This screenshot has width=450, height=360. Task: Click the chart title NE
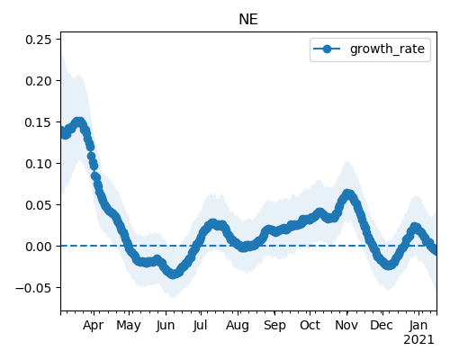[248, 20]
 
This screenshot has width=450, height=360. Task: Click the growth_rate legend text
[387, 49]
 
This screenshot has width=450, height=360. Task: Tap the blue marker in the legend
[327, 49]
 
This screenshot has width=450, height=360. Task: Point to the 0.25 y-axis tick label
[38, 40]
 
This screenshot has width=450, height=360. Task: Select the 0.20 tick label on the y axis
[38, 81]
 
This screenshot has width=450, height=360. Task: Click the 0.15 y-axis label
[38, 122]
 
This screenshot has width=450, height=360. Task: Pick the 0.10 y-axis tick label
[38, 164]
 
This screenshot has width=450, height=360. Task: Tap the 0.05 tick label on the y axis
[38, 205]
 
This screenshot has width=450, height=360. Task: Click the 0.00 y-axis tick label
[38, 247]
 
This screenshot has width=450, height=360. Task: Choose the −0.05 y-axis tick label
[33, 288]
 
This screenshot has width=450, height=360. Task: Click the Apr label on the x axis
[94, 326]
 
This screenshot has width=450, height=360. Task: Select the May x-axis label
[129, 326]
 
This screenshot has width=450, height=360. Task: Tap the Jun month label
[166, 326]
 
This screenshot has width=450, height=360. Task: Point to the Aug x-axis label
[238, 326]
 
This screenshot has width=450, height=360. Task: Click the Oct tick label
[310, 326]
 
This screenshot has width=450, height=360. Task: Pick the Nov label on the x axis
[346, 326]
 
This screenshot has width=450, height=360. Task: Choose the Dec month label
[382, 326]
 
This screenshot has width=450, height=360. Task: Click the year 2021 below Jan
[418, 340]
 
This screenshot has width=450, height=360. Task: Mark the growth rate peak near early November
[347, 194]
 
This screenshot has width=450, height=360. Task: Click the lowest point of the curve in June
[173, 274]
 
